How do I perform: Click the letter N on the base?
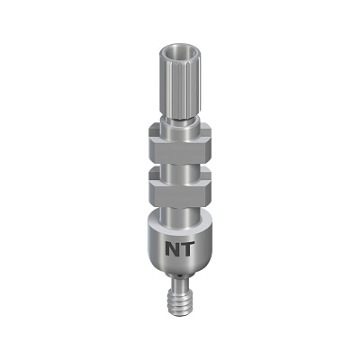(173, 248)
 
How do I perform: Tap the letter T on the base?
(187, 248)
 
